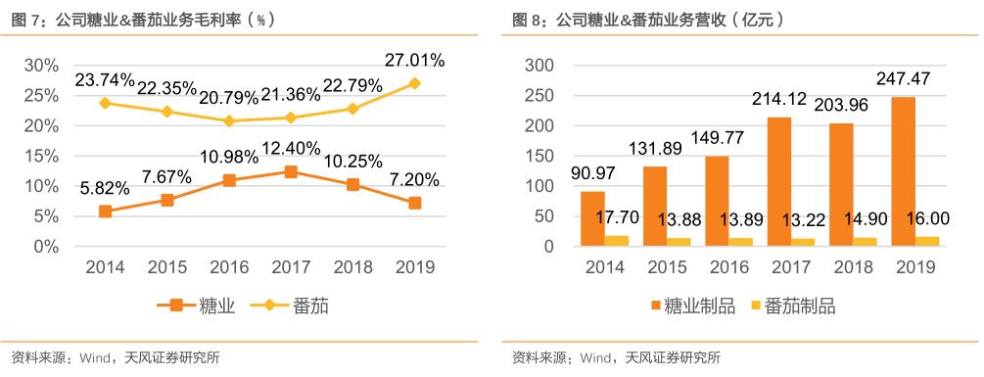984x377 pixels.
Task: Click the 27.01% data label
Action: pos(413,61)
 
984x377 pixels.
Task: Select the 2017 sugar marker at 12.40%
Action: pos(290,171)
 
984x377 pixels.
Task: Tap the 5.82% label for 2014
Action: pos(105,186)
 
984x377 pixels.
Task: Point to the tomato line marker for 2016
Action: pos(228,121)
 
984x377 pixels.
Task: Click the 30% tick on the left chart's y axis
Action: pos(40,66)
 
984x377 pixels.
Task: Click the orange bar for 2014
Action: pos(592,218)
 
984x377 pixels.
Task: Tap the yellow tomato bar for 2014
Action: pos(617,241)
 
